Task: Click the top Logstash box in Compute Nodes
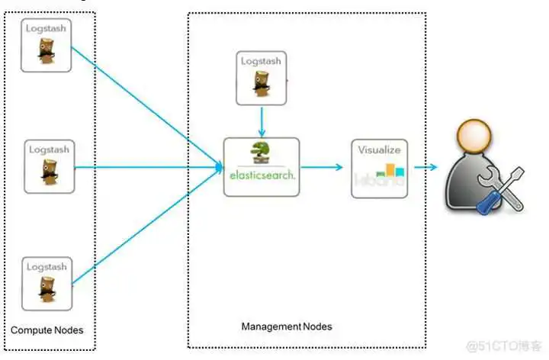coord(47,46)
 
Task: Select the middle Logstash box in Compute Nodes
coord(49,166)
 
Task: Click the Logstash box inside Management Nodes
coord(262,78)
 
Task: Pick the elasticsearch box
coord(262,166)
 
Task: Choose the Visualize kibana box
coord(379,168)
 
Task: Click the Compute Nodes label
coord(47,330)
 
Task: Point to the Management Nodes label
coord(287,326)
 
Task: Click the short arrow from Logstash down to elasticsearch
coord(262,121)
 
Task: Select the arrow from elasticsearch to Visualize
coord(322,167)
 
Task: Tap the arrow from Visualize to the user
coord(425,167)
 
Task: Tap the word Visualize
coord(379,150)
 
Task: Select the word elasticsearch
coord(262,175)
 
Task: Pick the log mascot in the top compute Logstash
coord(47,53)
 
